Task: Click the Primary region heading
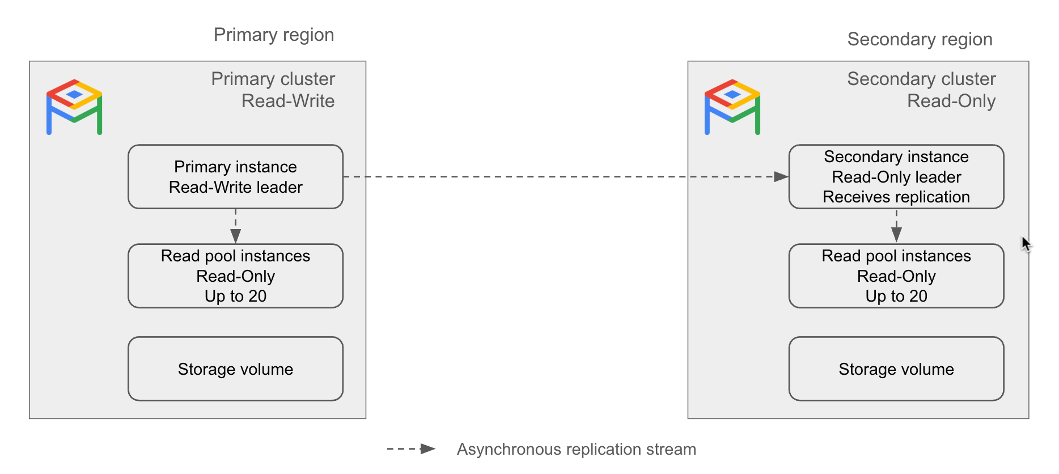(273, 35)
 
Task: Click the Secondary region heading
(919, 39)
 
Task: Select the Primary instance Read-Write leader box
(235, 177)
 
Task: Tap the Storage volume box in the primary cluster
(235, 369)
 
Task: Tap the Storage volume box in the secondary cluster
(896, 369)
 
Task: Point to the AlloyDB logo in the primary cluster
(74, 107)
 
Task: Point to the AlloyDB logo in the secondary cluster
(732, 107)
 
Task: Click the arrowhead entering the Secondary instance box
(781, 177)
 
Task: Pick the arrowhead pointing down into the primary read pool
(236, 235)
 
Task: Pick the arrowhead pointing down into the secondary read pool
(896, 234)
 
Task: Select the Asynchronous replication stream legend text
(576, 449)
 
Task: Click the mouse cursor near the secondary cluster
(1026, 243)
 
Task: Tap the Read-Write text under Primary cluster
(288, 101)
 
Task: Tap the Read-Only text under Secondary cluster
(951, 101)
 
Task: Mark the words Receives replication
(896, 197)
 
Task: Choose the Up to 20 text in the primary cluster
(235, 296)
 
